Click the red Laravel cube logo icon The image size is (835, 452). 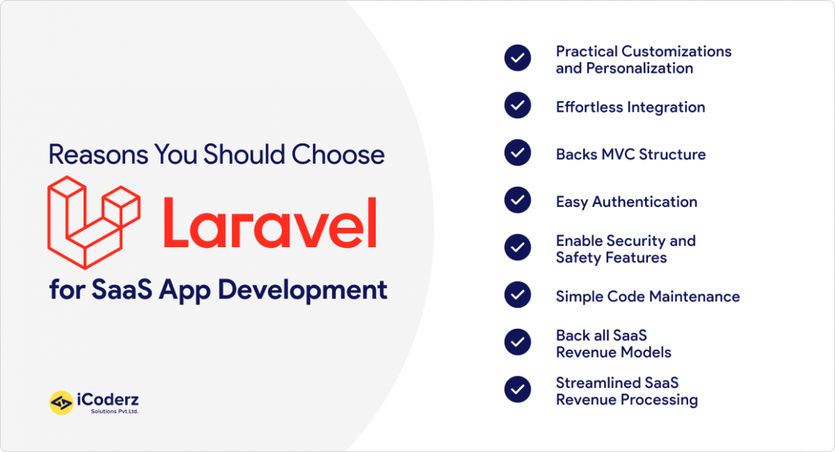click(94, 222)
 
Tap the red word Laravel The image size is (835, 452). click(270, 222)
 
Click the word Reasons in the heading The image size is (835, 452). click(99, 154)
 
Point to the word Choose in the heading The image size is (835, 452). click(338, 154)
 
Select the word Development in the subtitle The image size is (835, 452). click(302, 291)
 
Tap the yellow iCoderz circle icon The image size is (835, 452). click(61, 403)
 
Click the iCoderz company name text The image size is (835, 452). click(108, 400)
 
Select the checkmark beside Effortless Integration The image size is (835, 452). click(518, 105)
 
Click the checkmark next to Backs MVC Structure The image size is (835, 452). click(518, 152)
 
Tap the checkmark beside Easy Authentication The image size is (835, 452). click(518, 200)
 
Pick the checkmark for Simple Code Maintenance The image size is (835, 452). click(518, 295)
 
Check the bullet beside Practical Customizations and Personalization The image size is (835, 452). click(518, 58)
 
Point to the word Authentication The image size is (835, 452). click(644, 202)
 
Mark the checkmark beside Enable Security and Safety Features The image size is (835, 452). click(518, 247)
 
